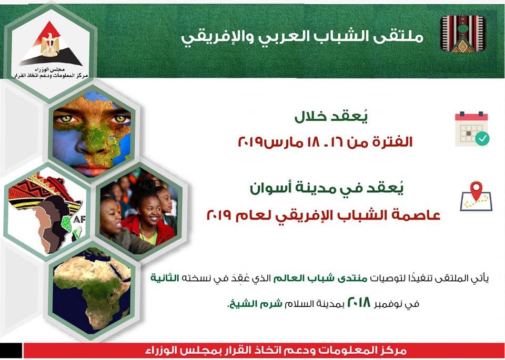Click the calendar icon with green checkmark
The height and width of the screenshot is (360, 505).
[x=472, y=129]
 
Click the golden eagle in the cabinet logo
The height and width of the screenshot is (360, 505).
[x=50, y=44]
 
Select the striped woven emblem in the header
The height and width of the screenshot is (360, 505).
[x=463, y=34]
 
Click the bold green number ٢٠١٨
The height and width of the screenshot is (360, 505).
[x=359, y=303]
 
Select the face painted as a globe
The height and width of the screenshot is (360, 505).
[x=92, y=134]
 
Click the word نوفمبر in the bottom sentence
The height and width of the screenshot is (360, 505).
[x=390, y=304]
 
